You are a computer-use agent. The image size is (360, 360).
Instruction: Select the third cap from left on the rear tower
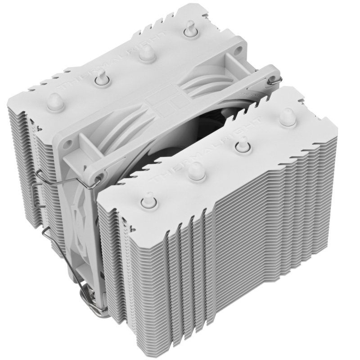(144, 53)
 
